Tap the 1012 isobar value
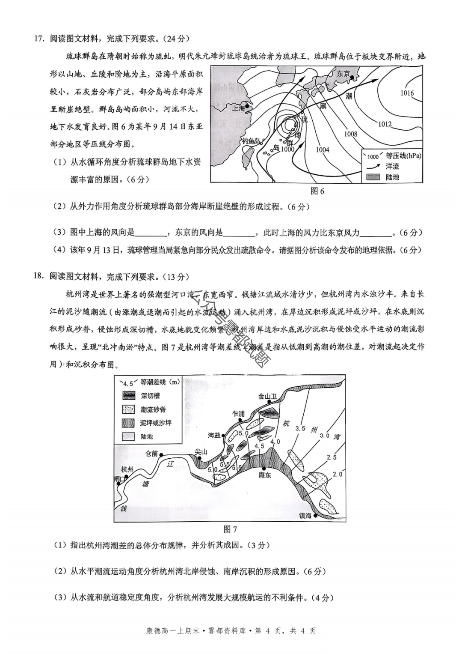click(x=385, y=124)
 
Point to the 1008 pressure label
click(x=350, y=134)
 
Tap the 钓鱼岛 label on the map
click(x=251, y=140)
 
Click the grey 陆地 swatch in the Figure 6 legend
click(x=373, y=177)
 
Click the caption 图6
click(x=317, y=191)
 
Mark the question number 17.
click(x=39, y=39)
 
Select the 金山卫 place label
click(x=267, y=396)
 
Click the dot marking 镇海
click(x=316, y=516)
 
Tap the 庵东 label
click(x=265, y=475)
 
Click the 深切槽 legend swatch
click(x=128, y=396)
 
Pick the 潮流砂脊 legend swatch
click(x=128, y=409)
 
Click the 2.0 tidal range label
click(x=338, y=474)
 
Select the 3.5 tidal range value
click(x=300, y=428)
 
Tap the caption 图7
click(x=230, y=529)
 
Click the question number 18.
click(x=39, y=276)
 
